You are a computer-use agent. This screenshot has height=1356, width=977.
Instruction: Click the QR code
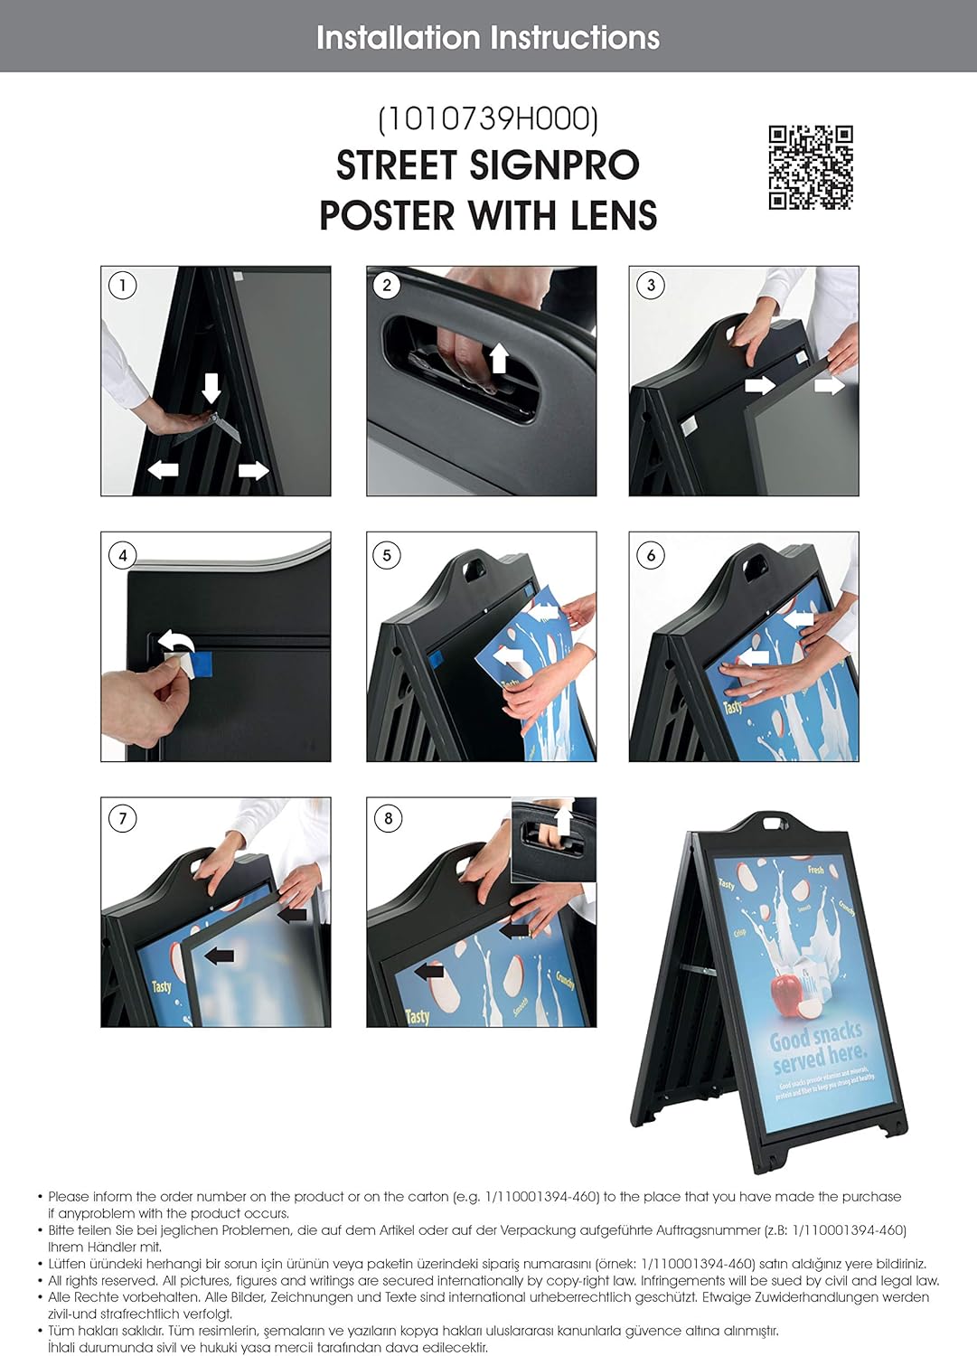[811, 167]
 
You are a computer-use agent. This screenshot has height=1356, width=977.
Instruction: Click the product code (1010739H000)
[488, 118]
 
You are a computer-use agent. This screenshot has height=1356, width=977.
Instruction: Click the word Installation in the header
[398, 37]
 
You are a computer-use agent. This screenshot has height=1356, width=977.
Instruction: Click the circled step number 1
[122, 286]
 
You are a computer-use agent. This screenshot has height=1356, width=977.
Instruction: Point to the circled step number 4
[122, 555]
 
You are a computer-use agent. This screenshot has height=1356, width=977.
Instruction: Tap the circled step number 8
[388, 819]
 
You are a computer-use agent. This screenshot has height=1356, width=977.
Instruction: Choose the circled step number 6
[651, 555]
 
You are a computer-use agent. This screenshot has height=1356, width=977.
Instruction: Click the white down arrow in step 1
[211, 387]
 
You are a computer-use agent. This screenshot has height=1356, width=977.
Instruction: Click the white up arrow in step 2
[498, 358]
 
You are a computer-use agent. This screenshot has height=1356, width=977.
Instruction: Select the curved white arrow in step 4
[176, 644]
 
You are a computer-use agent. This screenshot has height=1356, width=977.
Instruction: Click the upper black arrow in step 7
[293, 915]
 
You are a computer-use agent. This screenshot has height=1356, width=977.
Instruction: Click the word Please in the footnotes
[69, 1197]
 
